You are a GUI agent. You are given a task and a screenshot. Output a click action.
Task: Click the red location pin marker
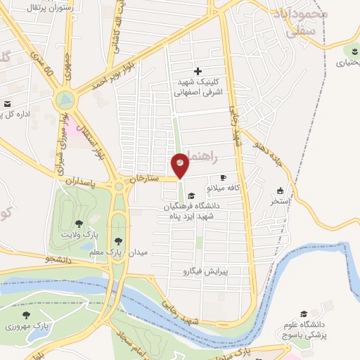181,166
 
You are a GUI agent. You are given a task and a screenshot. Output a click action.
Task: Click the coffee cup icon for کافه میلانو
224,178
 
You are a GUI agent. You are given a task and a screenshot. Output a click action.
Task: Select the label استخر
281,201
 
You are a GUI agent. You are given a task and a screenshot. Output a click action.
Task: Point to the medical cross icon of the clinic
198,71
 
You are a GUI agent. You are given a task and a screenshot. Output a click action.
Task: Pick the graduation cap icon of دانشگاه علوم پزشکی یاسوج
304,314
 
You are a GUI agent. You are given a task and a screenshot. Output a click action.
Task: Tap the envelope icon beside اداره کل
7,104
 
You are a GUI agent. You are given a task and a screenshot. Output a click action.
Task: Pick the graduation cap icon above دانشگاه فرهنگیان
191,195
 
